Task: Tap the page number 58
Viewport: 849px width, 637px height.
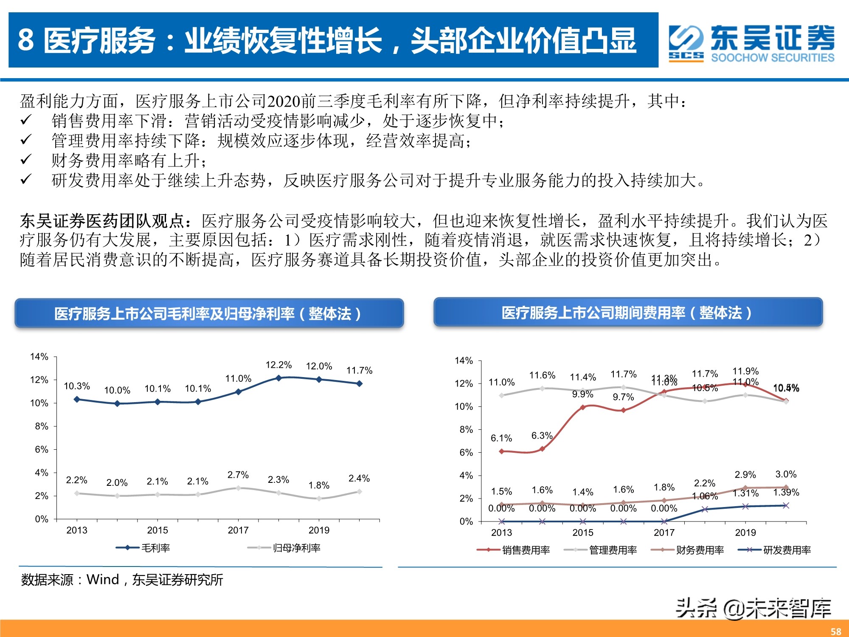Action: (x=836, y=631)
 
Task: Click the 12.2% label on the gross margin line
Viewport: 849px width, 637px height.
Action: (x=278, y=365)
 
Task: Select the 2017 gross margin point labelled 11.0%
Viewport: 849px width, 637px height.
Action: (x=238, y=392)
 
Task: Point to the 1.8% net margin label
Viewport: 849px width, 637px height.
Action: (x=319, y=485)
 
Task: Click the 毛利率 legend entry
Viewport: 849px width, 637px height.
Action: (x=143, y=548)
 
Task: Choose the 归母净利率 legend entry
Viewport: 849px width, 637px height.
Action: (x=284, y=548)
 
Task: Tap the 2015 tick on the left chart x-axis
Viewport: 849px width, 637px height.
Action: (x=157, y=530)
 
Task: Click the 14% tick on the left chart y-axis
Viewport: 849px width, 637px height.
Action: (x=39, y=357)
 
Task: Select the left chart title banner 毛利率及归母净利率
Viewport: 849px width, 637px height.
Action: (x=209, y=313)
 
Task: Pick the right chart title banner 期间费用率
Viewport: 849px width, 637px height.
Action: (x=628, y=313)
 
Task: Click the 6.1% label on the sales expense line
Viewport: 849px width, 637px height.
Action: (x=501, y=438)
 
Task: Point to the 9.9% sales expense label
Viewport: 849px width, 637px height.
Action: (x=582, y=394)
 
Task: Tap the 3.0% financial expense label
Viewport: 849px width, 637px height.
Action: (x=786, y=474)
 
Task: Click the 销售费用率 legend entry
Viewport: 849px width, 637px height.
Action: (x=514, y=550)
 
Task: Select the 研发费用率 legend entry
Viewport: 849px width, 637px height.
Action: (x=775, y=550)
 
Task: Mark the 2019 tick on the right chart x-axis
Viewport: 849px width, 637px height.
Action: (x=745, y=533)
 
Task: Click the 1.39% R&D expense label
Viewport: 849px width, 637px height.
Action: (x=786, y=492)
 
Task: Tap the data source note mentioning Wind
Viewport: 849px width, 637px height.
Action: (x=122, y=580)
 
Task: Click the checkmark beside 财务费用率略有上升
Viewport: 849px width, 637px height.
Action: (x=26, y=160)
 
